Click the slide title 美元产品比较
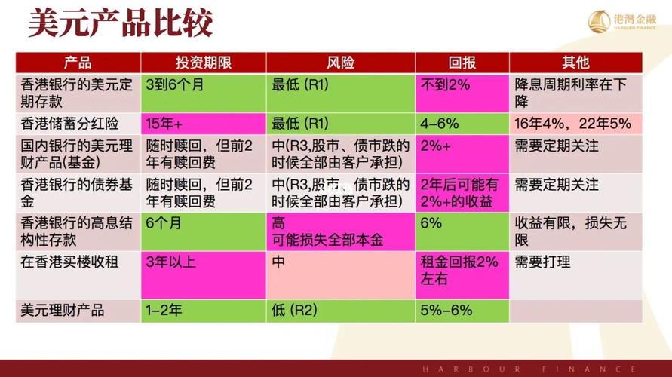(x=121, y=23)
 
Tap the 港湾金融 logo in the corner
(x=622, y=21)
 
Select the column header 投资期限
(x=203, y=63)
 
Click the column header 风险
(x=341, y=63)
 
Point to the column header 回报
(x=462, y=63)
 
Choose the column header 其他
(x=575, y=63)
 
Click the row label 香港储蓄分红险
(x=69, y=124)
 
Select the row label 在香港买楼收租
(x=69, y=262)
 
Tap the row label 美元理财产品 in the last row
(x=63, y=310)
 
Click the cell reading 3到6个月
(x=174, y=84)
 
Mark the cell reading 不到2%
(x=445, y=84)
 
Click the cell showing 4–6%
(x=439, y=124)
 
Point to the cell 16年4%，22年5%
(x=572, y=124)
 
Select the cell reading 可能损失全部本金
(x=327, y=240)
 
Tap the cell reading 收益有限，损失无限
(x=570, y=231)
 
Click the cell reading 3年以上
(x=170, y=262)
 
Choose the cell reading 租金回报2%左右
(x=459, y=271)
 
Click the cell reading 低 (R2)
(x=294, y=310)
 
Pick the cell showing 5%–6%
(x=446, y=310)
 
